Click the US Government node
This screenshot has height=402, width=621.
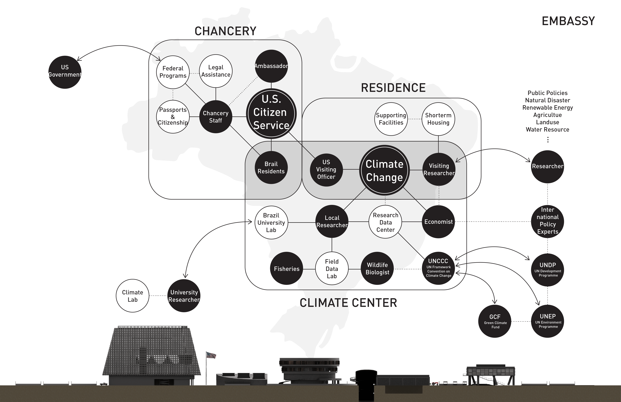click(x=65, y=72)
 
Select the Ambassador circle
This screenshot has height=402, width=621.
click(x=271, y=66)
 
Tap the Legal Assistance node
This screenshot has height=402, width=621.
click(x=216, y=71)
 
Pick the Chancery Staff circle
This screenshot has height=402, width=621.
click(x=216, y=117)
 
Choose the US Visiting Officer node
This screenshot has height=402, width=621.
click(x=326, y=170)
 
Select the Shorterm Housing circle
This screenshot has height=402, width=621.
click(x=438, y=119)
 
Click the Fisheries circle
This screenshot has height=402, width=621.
click(x=287, y=269)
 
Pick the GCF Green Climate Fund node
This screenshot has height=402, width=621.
click(x=495, y=321)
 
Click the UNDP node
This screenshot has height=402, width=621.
click(x=548, y=270)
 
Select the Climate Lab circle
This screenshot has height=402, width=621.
click(x=133, y=296)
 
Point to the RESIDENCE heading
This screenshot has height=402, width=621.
click(x=393, y=88)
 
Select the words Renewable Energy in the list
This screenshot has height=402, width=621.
click(x=547, y=108)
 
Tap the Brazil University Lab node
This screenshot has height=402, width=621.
click(x=271, y=222)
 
